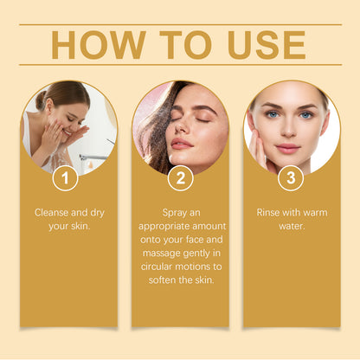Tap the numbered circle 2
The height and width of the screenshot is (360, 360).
(180, 179)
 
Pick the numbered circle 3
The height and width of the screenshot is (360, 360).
(291, 179)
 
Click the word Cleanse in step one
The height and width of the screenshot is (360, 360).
(52, 211)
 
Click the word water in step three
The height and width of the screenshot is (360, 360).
(292, 225)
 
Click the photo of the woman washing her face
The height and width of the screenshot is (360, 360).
(65, 125)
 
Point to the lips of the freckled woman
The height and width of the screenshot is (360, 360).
(182, 143)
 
